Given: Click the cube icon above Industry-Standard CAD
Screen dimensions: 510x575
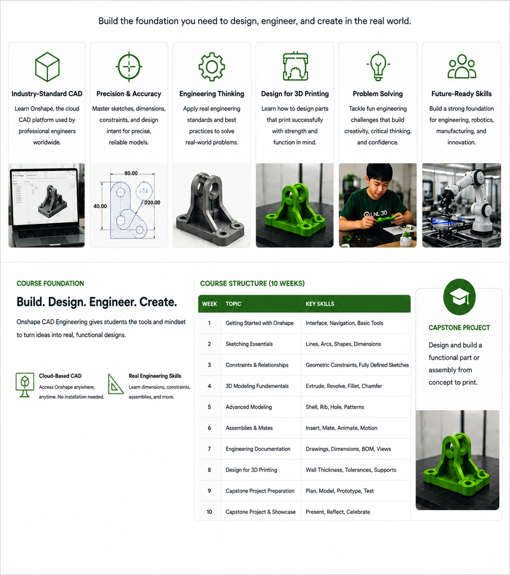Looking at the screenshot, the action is tap(47, 67).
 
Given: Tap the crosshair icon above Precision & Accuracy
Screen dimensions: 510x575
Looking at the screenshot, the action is tap(129, 67).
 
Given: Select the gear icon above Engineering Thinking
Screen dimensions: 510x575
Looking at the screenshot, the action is tap(212, 67).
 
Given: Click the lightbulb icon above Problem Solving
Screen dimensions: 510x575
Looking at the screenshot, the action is tap(378, 67).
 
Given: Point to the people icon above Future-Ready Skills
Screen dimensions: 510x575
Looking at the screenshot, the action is tap(462, 67).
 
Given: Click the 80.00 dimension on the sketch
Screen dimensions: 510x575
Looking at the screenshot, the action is tap(131, 173).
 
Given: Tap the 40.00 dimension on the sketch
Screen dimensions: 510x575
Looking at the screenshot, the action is tap(100, 206).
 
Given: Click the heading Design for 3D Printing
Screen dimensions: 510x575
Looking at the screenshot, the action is tap(295, 94).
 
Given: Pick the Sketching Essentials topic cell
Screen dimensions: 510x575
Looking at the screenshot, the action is tap(249, 344).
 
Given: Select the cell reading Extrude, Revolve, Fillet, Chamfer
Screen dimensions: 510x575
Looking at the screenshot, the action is tap(344, 386).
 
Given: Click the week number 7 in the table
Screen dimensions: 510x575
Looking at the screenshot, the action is tap(209, 449).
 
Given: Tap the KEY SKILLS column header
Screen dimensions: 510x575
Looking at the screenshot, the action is tap(320, 304).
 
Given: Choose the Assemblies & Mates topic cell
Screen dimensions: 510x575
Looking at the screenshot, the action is tap(249, 428).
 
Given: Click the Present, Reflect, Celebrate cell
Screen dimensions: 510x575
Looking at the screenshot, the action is tap(338, 512).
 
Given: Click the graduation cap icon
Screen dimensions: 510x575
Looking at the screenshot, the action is tap(459, 297).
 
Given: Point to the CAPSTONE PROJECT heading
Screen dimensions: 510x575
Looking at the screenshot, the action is tap(459, 328).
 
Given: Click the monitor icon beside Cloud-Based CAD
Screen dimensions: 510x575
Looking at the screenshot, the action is tap(25, 385).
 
